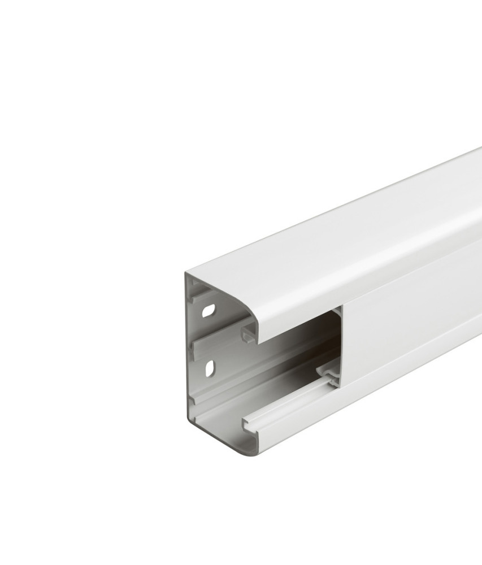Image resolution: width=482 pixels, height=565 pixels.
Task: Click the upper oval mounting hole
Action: click(x=209, y=310)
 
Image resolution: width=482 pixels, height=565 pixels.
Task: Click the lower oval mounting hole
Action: click(x=210, y=367)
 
